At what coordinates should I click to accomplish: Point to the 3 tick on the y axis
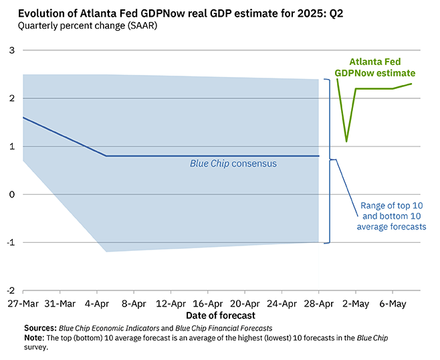click(11, 50)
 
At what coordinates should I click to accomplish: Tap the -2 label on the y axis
click(9, 290)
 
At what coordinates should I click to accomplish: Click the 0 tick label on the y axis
click(11, 195)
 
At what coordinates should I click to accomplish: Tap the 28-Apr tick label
click(318, 303)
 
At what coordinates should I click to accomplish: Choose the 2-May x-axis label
click(355, 303)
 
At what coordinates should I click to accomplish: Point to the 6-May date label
click(392, 303)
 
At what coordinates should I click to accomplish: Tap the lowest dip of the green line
click(346, 141)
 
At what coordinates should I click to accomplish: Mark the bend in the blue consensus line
click(106, 156)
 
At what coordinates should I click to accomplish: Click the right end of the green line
click(411, 84)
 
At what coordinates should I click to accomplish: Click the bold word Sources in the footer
click(41, 328)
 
